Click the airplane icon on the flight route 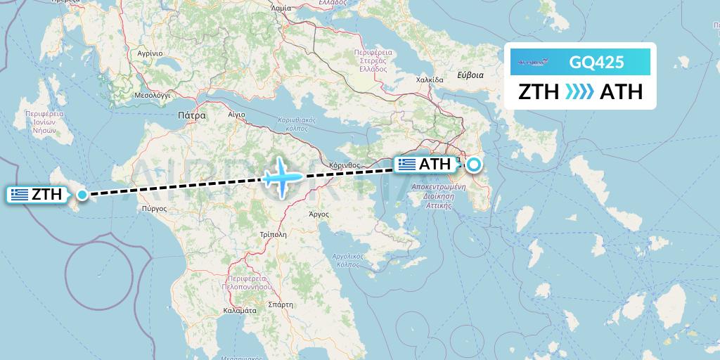tap(281, 176)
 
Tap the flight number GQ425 tap(597, 62)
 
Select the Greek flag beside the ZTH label tap(20, 195)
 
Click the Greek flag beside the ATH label tap(406, 165)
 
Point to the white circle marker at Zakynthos tap(82, 195)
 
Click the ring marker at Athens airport tap(474, 165)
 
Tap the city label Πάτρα tap(192, 114)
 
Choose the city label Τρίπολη tap(272, 234)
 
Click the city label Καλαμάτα tap(238, 309)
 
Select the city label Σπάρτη tap(281, 305)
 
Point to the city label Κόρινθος tap(344, 166)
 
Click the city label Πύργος tap(153, 209)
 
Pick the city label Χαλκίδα tap(430, 79)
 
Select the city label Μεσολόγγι tap(154, 94)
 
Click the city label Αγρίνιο tap(150, 53)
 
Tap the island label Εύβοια tap(470, 75)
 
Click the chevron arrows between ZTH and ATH tap(579, 92)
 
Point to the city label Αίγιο tap(237, 113)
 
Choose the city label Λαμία tap(281, 8)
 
